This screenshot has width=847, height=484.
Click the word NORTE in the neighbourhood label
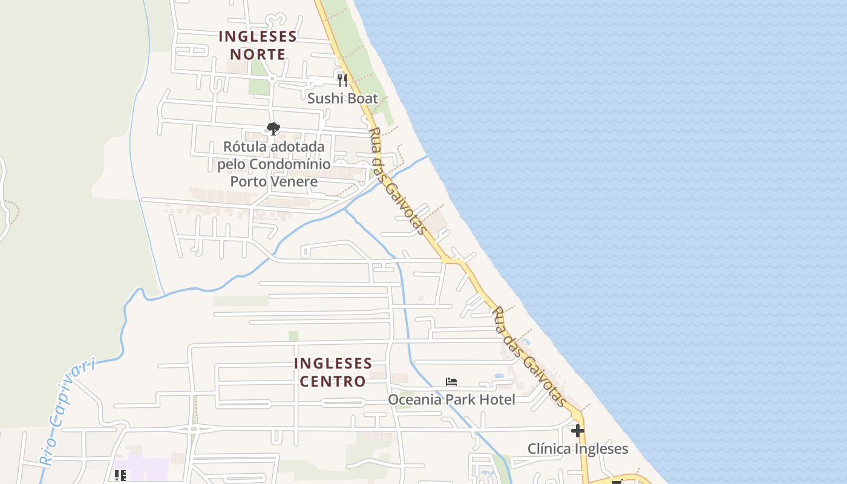[258, 54]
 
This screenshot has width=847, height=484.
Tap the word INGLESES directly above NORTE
[258, 36]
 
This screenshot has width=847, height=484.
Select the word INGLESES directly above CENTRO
[333, 363]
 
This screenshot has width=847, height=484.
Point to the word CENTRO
[333, 381]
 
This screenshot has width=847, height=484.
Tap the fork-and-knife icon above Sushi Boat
[342, 79]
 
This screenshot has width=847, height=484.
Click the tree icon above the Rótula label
[273, 128]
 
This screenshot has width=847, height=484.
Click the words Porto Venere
[273, 181]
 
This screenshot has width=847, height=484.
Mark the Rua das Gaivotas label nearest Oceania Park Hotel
[529, 357]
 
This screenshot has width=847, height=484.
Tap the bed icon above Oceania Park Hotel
[451, 382]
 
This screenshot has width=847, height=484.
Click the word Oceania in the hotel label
[414, 399]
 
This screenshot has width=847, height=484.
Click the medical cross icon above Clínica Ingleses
[578, 431]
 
